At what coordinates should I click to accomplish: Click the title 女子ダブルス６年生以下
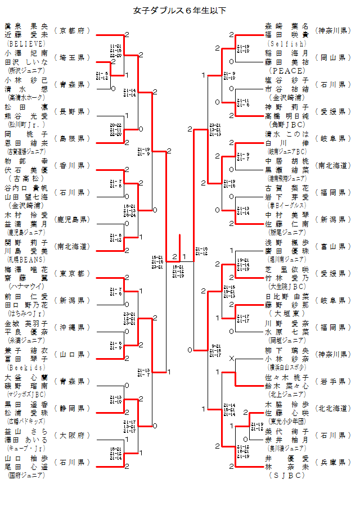180,10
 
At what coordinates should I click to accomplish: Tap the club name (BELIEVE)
26,42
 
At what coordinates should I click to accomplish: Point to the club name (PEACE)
287,71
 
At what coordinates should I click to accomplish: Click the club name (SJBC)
287,475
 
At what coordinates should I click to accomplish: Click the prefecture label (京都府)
73,30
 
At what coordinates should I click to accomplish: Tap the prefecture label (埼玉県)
73,57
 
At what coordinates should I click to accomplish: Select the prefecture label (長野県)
73,111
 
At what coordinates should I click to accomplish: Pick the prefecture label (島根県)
73,138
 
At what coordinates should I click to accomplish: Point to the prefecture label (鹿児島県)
73,219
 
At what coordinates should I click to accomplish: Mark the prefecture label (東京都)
73,273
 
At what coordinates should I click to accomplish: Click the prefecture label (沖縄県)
73,327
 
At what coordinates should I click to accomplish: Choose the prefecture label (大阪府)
73,435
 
